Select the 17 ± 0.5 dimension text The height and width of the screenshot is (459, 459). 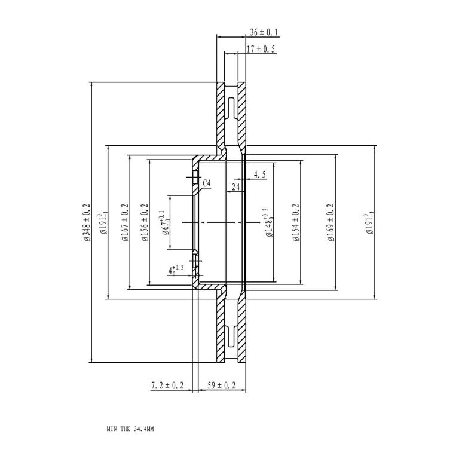pos(261,49)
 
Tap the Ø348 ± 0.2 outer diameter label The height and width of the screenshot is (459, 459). pos(87,222)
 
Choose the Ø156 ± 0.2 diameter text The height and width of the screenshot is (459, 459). pos(145,222)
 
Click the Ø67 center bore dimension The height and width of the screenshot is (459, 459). pos(165,223)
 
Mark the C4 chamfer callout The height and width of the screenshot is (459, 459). pos(207,183)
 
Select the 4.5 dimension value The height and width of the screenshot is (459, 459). pos(259,175)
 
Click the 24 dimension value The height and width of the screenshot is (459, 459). pos(235,186)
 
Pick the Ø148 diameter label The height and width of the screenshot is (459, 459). pos(268,223)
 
